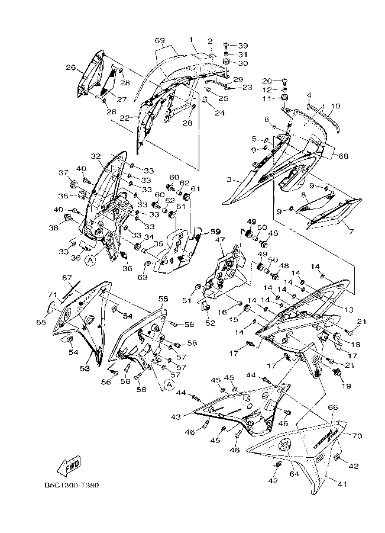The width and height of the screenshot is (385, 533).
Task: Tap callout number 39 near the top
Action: pyautogui.click(x=243, y=46)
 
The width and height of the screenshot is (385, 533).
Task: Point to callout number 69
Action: pyautogui.click(x=160, y=40)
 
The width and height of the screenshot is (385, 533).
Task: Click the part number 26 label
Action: pyautogui.click(x=70, y=68)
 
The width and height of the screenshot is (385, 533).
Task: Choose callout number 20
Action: pyautogui.click(x=267, y=81)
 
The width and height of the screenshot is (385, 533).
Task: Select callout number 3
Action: pyautogui.click(x=229, y=179)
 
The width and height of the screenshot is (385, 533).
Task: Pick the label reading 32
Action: pyautogui.click(x=96, y=156)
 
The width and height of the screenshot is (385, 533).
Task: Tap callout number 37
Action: pyautogui.click(x=63, y=172)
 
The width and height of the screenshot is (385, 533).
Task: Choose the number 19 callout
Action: pyautogui.click(x=345, y=386)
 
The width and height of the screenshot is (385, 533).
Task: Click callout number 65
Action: pyautogui.click(x=40, y=322)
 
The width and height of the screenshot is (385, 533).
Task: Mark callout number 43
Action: pyautogui.click(x=175, y=418)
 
